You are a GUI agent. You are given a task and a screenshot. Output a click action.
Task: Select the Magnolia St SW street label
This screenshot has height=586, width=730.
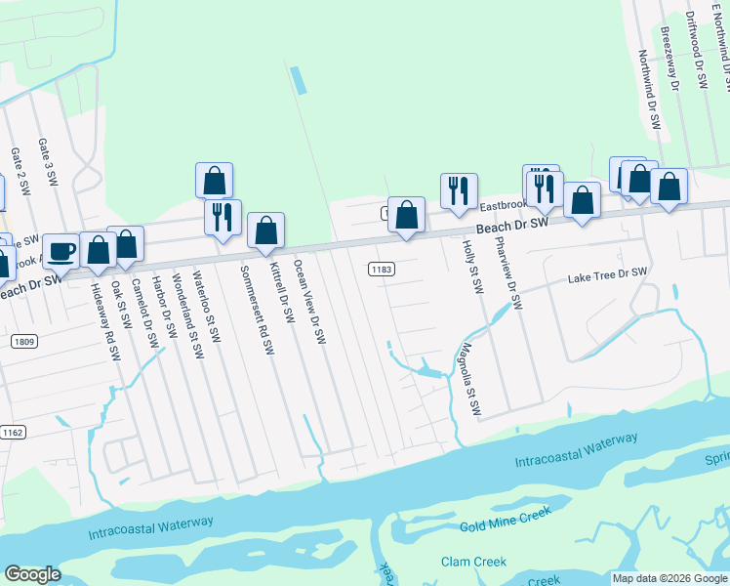point(471,380)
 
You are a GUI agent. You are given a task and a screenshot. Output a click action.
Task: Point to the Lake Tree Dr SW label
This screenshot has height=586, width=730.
point(608,277)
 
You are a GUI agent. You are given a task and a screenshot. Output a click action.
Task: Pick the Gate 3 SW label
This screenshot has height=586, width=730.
point(50,162)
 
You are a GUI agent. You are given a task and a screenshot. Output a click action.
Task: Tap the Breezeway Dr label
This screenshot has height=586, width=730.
point(669,59)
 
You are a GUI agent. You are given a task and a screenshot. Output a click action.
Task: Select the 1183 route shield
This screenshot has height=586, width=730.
point(382,268)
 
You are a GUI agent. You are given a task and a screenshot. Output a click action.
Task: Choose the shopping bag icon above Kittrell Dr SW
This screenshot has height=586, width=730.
point(265,230)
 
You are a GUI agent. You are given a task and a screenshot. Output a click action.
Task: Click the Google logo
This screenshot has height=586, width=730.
point(33,574)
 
